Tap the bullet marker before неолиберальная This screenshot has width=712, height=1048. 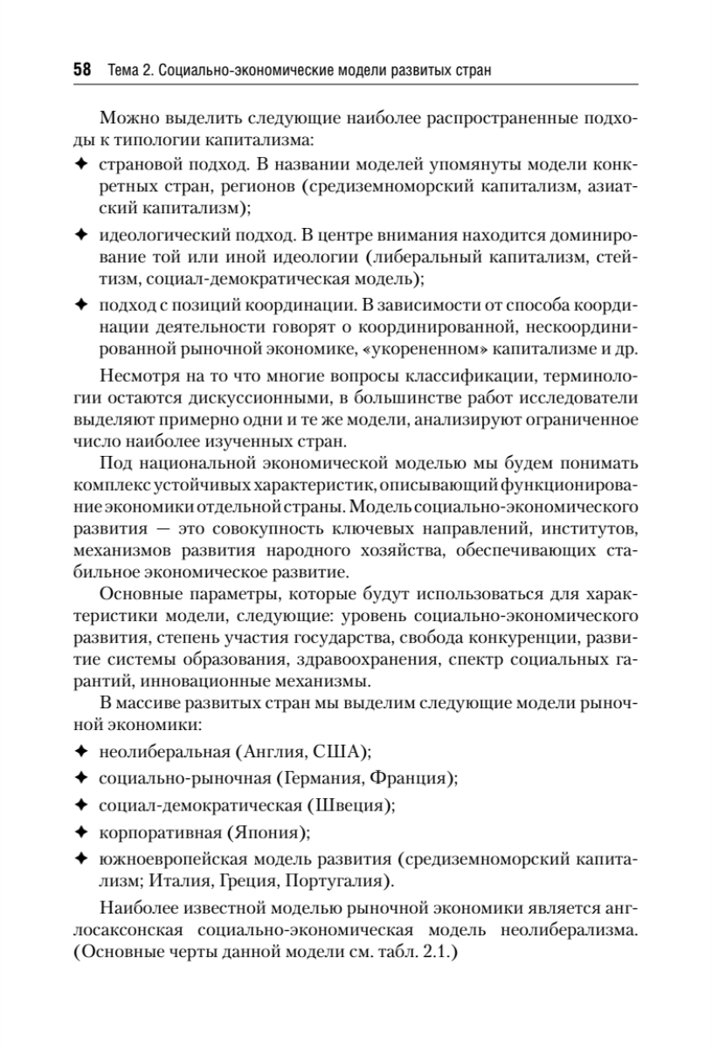click(81, 750)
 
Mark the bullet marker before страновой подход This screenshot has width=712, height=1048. click(81, 163)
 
